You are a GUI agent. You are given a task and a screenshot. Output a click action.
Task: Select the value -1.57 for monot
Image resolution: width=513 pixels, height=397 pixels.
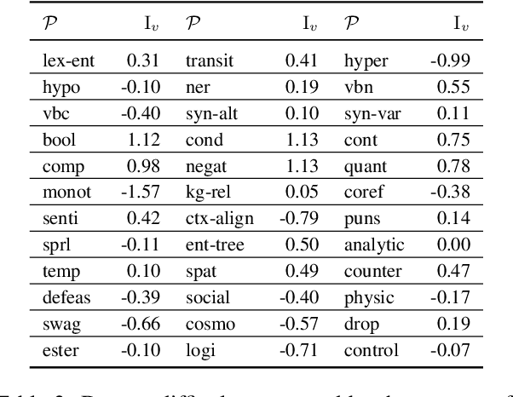(141, 193)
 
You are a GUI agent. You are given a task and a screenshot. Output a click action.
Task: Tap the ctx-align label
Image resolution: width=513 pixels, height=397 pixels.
(219, 219)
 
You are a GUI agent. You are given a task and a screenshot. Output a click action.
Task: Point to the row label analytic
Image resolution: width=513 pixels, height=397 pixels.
(373, 245)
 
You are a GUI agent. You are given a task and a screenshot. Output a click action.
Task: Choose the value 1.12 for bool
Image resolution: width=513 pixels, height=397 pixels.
(143, 140)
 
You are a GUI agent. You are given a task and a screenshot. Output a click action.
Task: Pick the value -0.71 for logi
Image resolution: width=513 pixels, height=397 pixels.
(300, 351)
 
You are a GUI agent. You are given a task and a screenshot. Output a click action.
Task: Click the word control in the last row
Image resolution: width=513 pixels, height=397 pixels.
(371, 351)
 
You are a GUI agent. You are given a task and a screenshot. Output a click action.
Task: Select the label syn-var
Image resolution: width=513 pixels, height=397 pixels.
(372, 113)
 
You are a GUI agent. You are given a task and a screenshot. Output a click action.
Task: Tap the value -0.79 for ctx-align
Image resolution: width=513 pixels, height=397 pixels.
(300, 219)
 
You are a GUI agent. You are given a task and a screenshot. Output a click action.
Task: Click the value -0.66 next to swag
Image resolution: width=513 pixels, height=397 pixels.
(141, 325)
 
